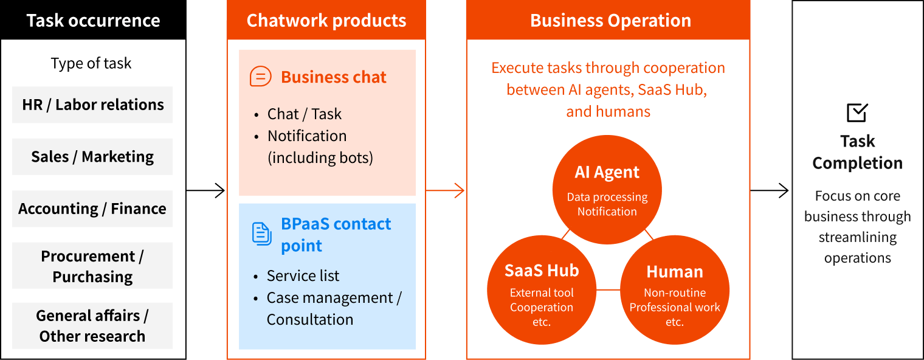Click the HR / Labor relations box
(x=92, y=105)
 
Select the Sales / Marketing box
(x=92, y=157)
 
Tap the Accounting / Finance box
(x=92, y=209)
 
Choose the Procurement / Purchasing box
(x=92, y=266)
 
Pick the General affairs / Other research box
(x=92, y=326)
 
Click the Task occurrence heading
(x=93, y=21)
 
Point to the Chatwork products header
(x=326, y=21)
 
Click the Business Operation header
(x=610, y=21)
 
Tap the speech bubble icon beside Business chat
(x=261, y=77)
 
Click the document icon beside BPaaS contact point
(x=261, y=234)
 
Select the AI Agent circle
(x=607, y=189)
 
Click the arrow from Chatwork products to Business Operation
(x=446, y=191)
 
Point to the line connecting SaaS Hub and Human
(x=607, y=290)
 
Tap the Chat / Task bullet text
(x=304, y=114)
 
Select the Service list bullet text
(x=303, y=276)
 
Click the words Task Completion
(x=857, y=152)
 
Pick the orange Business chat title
(x=334, y=77)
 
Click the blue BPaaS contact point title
(x=336, y=235)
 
